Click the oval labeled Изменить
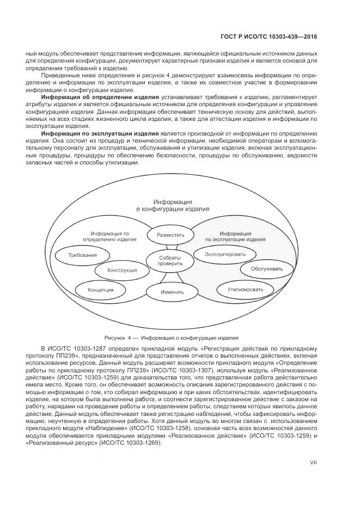click(172, 292)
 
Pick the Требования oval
click(83, 255)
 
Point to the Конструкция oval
click(122, 270)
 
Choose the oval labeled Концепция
click(101, 290)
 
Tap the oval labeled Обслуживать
click(267, 268)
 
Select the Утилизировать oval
click(245, 289)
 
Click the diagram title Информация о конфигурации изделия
click(172, 205)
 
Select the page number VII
click(313, 462)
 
